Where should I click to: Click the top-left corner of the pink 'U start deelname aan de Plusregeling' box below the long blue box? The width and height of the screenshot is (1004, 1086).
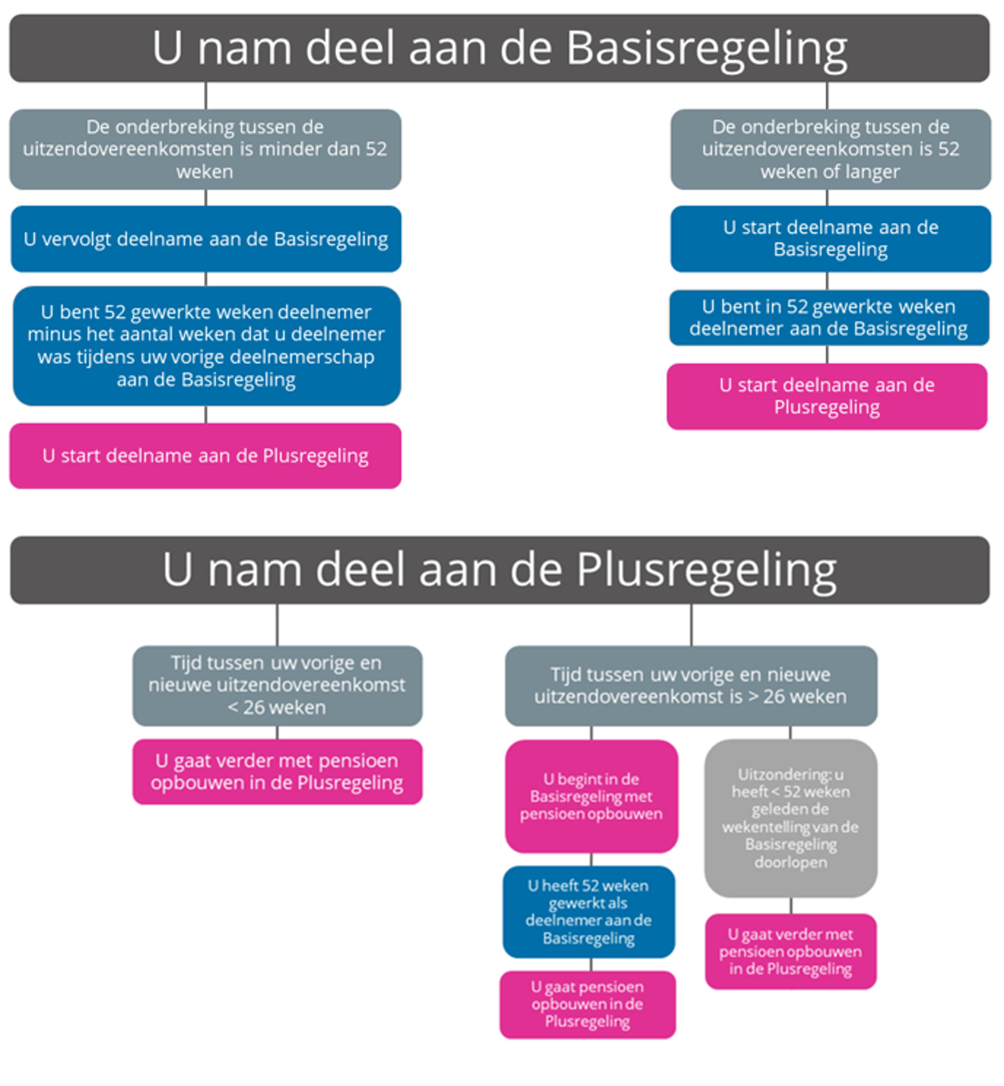[11, 424]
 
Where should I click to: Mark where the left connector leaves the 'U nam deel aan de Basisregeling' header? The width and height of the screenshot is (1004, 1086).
[205, 83]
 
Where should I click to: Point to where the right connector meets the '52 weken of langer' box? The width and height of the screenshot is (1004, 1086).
[827, 110]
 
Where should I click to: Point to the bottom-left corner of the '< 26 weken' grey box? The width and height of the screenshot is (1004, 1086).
[134, 725]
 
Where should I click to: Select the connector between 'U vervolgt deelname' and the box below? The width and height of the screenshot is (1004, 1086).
[205, 279]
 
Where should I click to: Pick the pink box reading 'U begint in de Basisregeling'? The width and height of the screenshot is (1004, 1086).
[592, 796]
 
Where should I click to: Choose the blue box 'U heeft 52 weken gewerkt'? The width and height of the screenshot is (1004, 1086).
[589, 912]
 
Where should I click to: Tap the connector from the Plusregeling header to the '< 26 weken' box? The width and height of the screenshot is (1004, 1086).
[277, 625]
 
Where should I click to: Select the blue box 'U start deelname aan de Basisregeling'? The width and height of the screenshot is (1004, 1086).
[831, 239]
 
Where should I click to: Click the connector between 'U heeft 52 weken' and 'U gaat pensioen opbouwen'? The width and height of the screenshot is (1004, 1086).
[591, 965]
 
